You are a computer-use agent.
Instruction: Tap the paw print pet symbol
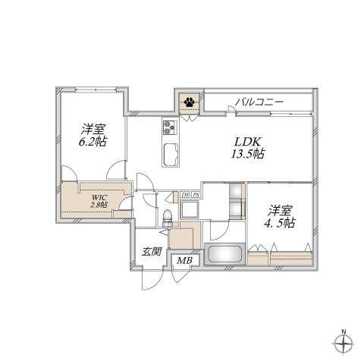pyautogui.click(x=188, y=100)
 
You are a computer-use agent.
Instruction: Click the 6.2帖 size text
pyautogui.click(x=89, y=140)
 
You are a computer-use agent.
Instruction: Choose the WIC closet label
pyautogui.click(x=98, y=196)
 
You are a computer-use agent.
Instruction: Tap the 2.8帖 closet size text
pyautogui.click(x=99, y=205)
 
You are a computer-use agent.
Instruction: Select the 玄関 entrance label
pyautogui.click(x=152, y=252)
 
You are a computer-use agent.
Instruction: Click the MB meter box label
pyautogui.click(x=184, y=262)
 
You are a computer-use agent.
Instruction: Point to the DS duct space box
pyautogui.click(x=186, y=195)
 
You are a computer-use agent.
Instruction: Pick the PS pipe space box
pyautogui.click(x=196, y=195)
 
